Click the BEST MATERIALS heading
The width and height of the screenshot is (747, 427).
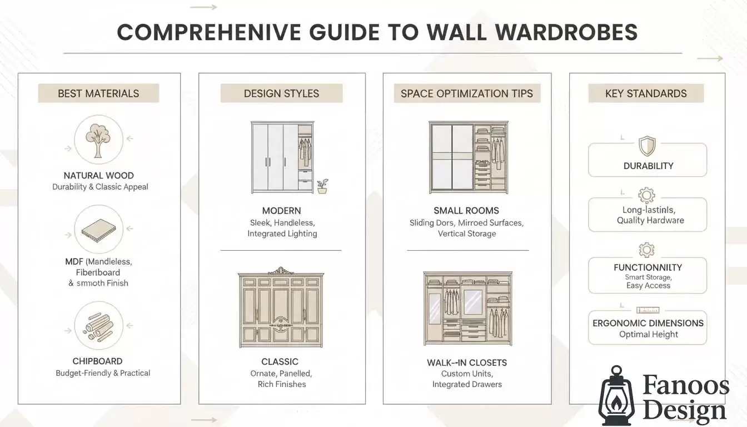98,93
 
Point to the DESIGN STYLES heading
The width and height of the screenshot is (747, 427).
281,93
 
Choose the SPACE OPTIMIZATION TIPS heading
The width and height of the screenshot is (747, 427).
467,93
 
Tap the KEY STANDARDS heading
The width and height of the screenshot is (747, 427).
646,93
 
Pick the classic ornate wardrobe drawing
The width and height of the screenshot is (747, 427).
281,309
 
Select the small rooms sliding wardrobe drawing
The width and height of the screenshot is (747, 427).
468,157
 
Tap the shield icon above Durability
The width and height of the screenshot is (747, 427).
647,146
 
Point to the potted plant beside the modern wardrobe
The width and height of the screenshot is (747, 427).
322,186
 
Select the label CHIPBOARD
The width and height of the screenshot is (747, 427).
97,361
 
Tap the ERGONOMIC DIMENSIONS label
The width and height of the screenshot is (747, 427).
648,323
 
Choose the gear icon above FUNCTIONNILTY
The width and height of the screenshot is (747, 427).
647,250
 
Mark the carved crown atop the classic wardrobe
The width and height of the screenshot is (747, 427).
281,271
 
